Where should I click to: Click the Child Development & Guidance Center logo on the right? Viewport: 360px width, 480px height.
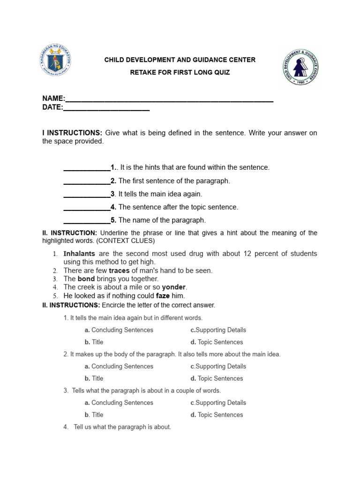point(300,67)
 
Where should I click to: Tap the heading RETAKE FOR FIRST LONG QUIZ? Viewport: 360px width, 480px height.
point(180,73)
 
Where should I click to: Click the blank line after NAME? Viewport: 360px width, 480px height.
point(169,99)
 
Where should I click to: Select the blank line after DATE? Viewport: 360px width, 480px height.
point(106,108)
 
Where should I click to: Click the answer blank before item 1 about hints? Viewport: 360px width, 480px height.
point(87,167)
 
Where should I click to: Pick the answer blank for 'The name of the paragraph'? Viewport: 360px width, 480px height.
point(87,220)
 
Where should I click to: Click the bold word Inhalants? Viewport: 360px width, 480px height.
point(79,254)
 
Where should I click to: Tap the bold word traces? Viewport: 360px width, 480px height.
point(119,270)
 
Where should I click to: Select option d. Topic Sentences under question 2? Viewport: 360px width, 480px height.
point(217,378)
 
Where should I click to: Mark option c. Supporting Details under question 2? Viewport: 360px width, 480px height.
point(218,366)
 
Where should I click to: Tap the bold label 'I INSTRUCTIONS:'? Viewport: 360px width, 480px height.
point(72,133)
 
